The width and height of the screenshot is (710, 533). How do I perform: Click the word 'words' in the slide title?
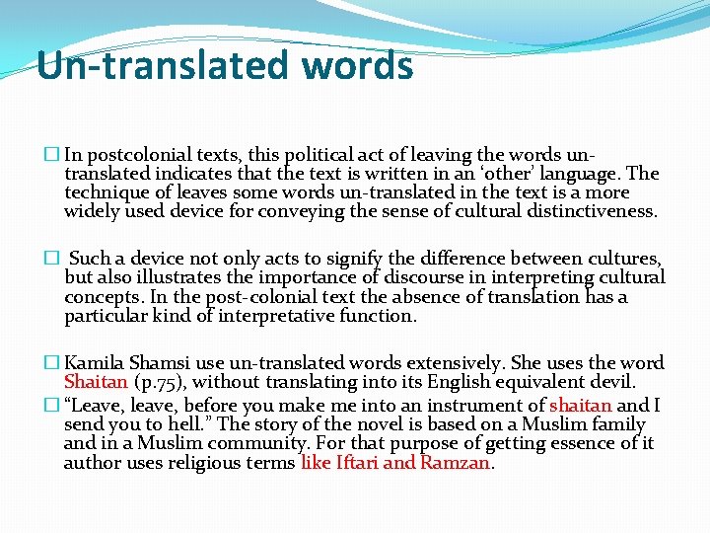(359, 65)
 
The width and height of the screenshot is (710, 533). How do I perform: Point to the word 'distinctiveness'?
(593, 210)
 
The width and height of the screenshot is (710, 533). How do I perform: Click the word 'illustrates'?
(191, 277)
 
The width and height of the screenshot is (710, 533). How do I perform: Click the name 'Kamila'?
(94, 363)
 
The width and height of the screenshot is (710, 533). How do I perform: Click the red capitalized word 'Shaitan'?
(96, 382)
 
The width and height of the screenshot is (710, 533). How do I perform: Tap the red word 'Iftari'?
(362, 462)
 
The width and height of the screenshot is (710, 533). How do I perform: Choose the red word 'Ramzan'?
(454, 462)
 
